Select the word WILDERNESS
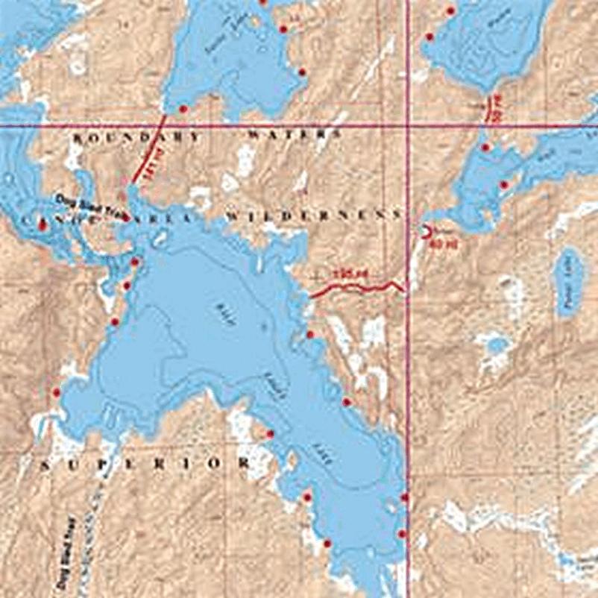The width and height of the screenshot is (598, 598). point(312,215)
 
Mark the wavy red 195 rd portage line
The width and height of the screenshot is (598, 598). point(358,287)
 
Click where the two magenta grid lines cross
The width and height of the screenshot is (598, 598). point(408,125)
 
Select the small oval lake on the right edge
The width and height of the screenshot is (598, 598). point(568,282)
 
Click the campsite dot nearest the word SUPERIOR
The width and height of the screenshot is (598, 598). point(270,434)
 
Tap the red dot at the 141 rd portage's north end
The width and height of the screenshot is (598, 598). point(183,110)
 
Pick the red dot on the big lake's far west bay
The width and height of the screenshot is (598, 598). point(56,391)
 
